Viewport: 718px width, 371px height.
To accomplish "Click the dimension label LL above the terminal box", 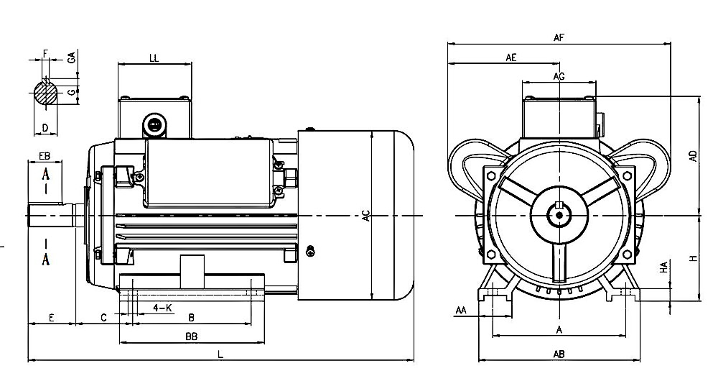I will click(154, 58).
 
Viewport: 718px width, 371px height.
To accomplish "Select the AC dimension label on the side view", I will click(365, 215).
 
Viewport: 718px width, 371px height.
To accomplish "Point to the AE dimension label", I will click(511, 58).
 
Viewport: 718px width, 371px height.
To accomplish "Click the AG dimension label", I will click(559, 75).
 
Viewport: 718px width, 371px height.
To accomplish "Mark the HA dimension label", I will click(664, 267).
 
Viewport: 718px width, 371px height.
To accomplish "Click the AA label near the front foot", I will click(461, 310).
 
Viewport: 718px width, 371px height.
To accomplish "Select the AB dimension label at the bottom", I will click(559, 353).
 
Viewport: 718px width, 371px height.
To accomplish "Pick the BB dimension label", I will click(191, 336).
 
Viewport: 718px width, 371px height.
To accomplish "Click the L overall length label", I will click(220, 354).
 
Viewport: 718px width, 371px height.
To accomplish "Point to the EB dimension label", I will click(44, 156).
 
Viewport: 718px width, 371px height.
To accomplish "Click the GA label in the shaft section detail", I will click(72, 58).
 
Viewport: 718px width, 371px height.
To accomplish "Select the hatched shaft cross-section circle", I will click(46, 93).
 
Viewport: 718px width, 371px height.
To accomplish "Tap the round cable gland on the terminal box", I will click(153, 124).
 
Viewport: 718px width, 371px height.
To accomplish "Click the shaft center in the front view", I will click(559, 214).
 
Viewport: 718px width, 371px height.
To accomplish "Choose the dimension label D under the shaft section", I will click(45, 127).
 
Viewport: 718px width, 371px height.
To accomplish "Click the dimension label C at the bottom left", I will click(104, 317).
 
